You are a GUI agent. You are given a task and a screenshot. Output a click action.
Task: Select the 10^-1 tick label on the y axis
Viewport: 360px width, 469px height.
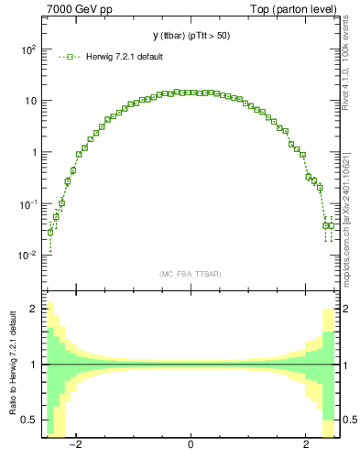pos(27,203)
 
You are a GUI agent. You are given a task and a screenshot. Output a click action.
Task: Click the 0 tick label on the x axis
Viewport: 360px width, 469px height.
pos(190,445)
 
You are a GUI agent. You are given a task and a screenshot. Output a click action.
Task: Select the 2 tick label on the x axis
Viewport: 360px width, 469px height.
pos(306,445)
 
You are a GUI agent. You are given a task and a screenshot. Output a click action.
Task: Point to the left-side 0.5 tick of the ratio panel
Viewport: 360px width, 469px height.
pos(29,420)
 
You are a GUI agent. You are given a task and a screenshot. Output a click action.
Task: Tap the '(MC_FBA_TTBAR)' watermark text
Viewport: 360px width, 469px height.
pos(190,274)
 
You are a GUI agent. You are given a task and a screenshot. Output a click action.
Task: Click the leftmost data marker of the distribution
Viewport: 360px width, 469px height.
pos(50,232)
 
